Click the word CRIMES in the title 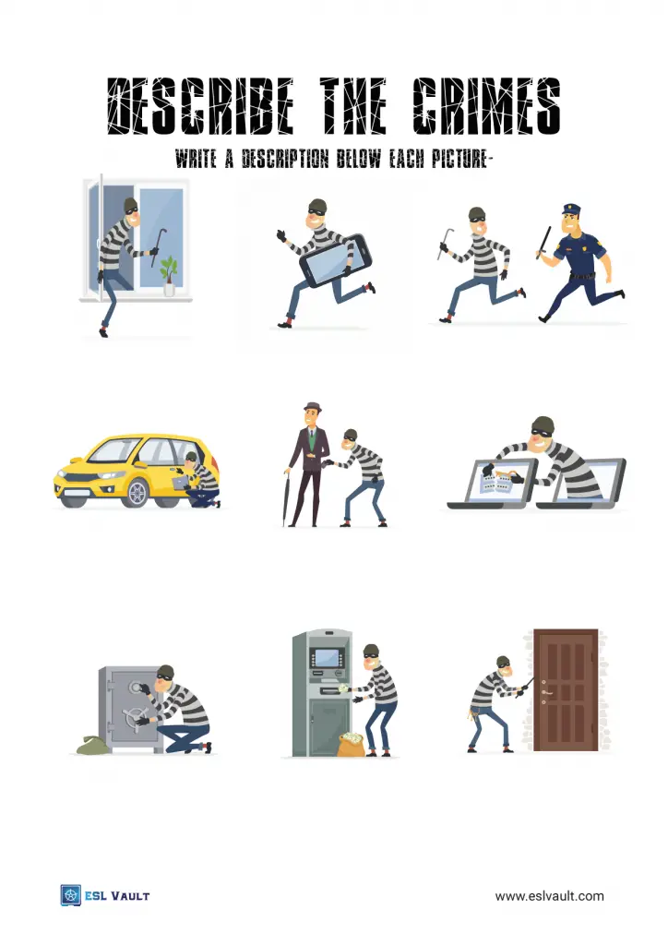(x=486, y=106)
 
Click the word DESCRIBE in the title (x=200, y=106)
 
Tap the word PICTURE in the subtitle (x=459, y=159)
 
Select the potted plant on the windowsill (x=169, y=275)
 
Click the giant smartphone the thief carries (x=335, y=260)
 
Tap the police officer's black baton (x=544, y=243)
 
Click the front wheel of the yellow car (x=137, y=492)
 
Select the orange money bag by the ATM (x=351, y=745)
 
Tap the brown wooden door (x=566, y=690)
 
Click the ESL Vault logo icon (x=70, y=895)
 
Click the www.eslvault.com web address (x=549, y=895)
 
